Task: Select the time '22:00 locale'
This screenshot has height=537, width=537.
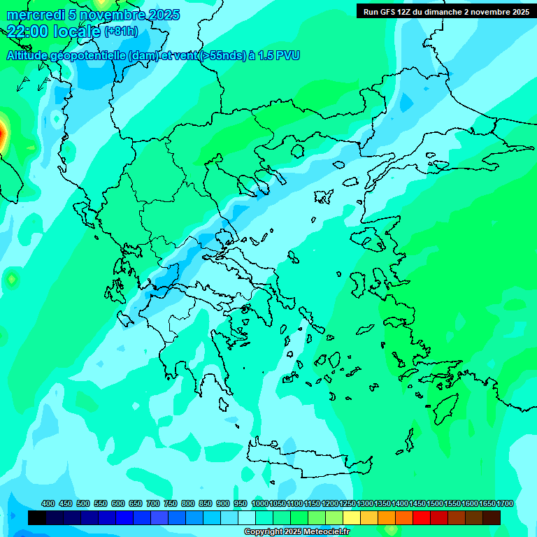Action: (x=53, y=31)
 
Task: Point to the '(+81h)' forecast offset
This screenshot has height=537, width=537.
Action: (x=121, y=31)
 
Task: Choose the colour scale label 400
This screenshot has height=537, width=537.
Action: (x=48, y=504)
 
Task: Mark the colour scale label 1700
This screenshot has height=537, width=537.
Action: (x=505, y=504)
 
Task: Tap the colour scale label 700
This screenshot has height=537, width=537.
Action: (x=153, y=504)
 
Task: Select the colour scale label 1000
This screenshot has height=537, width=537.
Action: (x=260, y=504)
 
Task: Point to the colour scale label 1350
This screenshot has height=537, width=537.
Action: (x=382, y=504)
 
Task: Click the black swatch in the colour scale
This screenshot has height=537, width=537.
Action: (x=37, y=517)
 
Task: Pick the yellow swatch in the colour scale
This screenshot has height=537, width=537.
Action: (x=352, y=517)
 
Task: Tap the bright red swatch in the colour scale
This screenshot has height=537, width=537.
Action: (x=422, y=517)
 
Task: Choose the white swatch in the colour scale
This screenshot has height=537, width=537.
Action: (x=247, y=517)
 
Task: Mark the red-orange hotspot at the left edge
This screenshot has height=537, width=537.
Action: (x=2, y=131)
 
